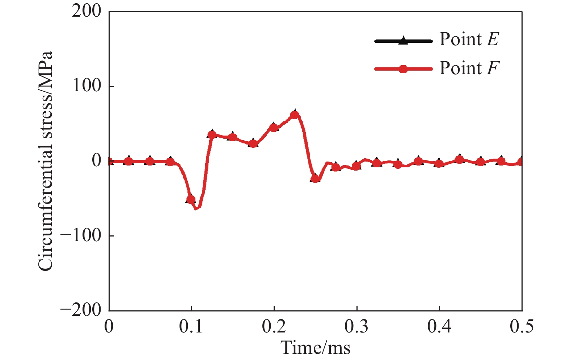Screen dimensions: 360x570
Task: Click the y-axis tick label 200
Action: [x=86, y=11]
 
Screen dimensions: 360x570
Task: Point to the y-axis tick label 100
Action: [x=86, y=86]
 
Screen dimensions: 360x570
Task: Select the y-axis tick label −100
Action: [x=81, y=235]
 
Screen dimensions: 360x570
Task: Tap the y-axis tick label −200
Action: [x=81, y=310]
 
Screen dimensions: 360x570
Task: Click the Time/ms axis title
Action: [x=316, y=348]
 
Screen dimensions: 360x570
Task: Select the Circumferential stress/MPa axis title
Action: [x=46, y=161]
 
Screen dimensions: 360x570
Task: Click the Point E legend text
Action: [x=469, y=39]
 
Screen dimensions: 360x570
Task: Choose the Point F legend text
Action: [x=469, y=68]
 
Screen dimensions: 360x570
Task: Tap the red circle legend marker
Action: [x=403, y=69]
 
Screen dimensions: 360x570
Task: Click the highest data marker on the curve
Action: [x=295, y=115]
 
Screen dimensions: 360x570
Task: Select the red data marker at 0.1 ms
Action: [x=191, y=199]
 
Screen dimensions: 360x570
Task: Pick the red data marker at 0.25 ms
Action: [x=315, y=178]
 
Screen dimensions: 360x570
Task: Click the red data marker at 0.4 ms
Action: [x=439, y=164]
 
